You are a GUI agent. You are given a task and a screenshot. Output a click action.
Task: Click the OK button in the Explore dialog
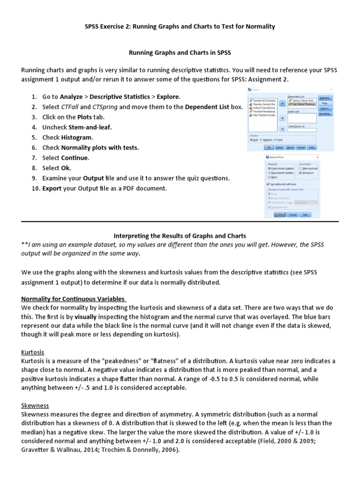tap(269, 147)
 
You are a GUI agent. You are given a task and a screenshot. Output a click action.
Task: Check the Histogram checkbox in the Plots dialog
tap(300, 173)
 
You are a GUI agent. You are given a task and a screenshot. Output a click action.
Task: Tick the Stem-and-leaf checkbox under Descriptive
tap(300, 168)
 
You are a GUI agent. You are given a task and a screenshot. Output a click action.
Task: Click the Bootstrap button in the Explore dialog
tap(324, 113)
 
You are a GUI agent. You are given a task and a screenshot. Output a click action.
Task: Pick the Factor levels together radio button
tap(270, 168)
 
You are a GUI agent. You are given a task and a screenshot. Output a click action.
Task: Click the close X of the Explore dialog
tap(331, 89)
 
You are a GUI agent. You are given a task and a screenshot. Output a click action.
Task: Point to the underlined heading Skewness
tap(35, 405)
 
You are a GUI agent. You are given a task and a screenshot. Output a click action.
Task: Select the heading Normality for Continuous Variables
tap(73, 299)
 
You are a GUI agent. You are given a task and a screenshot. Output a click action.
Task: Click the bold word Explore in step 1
tap(168, 97)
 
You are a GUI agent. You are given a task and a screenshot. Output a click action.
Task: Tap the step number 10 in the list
tap(35, 188)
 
